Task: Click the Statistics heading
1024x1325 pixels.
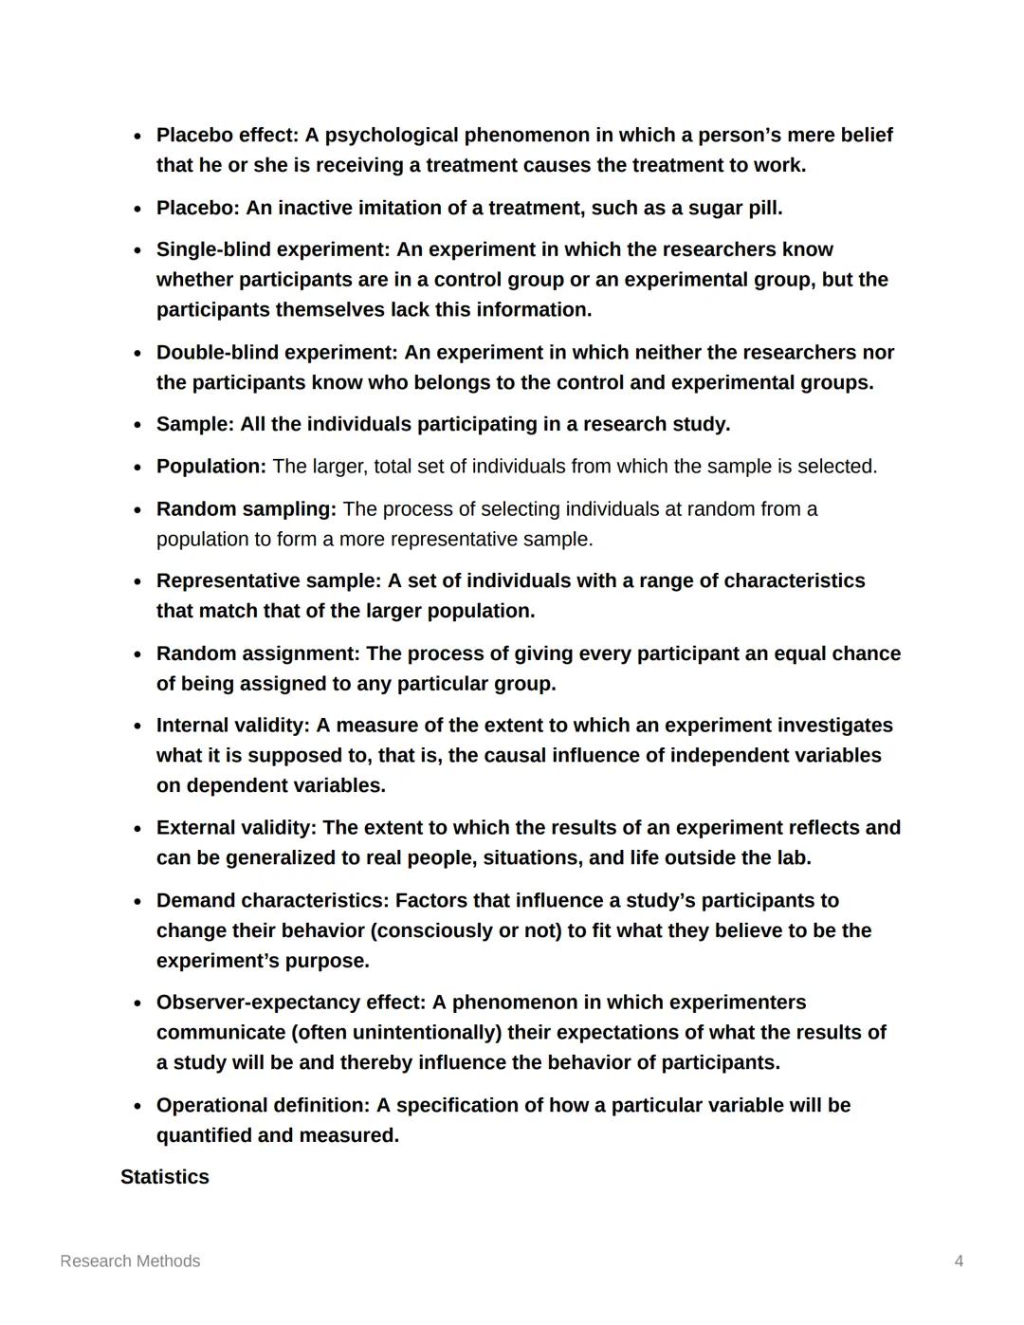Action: [164, 1177]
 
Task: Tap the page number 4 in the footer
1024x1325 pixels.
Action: [959, 1261]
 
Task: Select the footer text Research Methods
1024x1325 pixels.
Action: [130, 1261]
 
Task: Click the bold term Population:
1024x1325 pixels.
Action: [210, 467]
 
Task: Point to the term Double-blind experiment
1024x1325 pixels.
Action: [276, 353]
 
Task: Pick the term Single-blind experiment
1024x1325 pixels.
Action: [272, 249]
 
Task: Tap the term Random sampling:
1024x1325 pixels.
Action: [246, 509]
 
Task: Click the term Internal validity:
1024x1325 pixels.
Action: [232, 726]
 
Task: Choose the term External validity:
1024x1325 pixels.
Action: [236, 828]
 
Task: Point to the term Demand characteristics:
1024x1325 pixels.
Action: [272, 900]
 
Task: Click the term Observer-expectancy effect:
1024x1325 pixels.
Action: [291, 1003]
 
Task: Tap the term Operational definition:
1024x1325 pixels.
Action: [263, 1106]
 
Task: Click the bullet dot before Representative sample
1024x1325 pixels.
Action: [137, 581]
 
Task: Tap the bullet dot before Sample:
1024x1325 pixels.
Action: [137, 425]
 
